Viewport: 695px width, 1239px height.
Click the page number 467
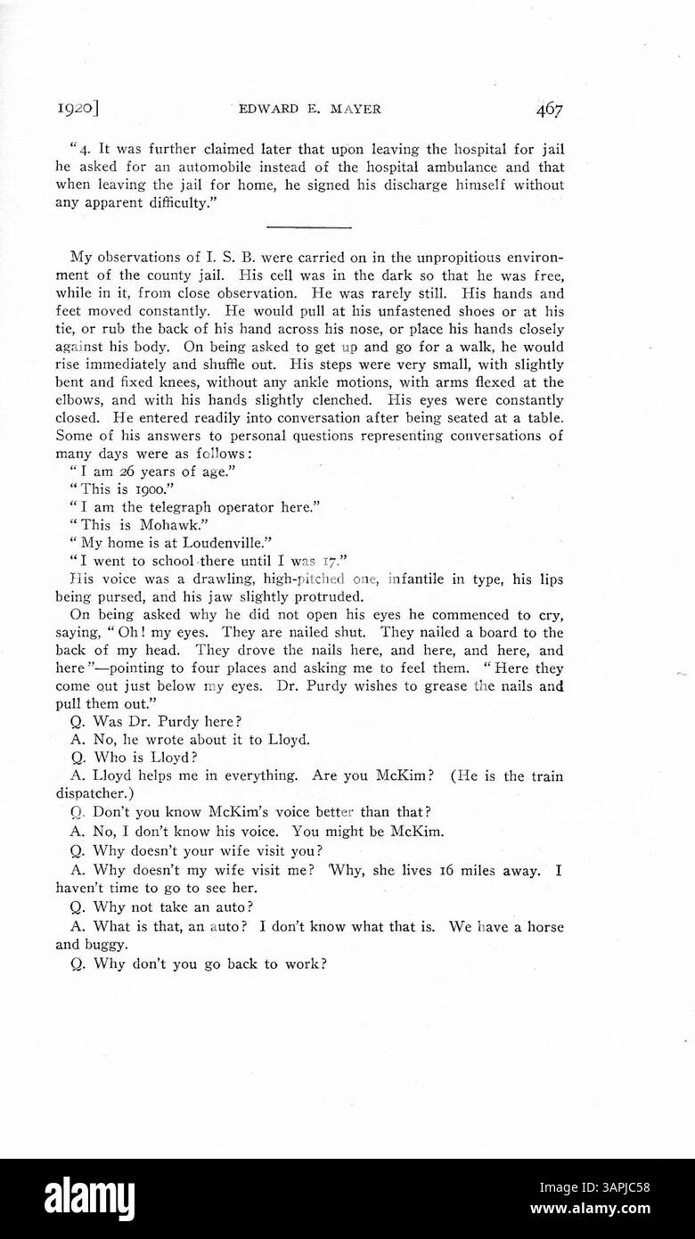[549, 110]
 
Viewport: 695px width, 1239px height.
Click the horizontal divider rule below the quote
[308, 227]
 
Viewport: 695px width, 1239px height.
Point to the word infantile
[421, 578]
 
